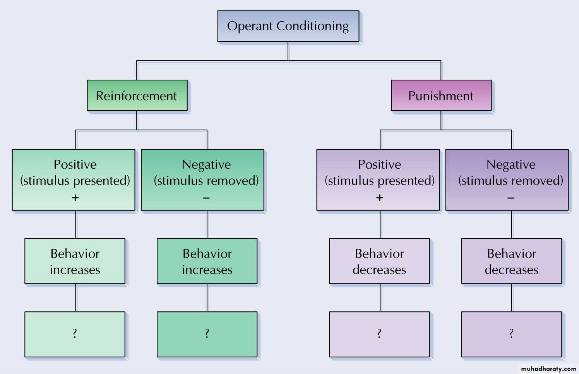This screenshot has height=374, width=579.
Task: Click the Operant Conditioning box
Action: point(288,26)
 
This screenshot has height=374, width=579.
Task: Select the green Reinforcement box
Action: point(137,96)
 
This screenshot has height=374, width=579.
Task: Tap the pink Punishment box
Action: point(441,96)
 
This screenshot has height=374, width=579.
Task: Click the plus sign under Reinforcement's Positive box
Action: point(75,198)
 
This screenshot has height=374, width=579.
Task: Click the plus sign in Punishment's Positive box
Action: point(380,198)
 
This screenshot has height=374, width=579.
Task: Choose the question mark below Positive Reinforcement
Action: point(75,333)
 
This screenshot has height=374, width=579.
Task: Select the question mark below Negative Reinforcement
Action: point(207,333)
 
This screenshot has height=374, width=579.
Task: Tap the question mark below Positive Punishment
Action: point(379,333)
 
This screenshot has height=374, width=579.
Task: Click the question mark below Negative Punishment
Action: point(512,333)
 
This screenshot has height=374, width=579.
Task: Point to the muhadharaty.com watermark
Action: point(548,369)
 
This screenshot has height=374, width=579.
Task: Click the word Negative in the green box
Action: point(206,165)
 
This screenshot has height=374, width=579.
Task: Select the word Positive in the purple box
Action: point(380,164)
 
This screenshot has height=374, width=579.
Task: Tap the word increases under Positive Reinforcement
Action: point(75,270)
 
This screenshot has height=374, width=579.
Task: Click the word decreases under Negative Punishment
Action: point(512,270)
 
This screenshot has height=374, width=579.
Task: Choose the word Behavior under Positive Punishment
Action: point(380,254)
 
